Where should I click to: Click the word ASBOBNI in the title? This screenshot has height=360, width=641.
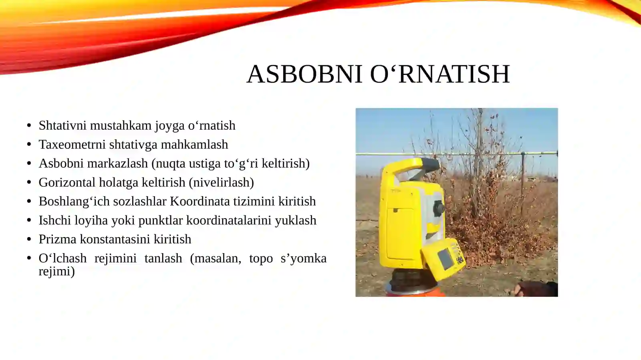(x=304, y=74)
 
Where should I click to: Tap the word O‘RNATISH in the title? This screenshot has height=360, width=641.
(x=439, y=74)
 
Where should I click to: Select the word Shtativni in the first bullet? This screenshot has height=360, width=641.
(x=62, y=125)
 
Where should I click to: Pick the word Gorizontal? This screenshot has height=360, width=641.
(x=67, y=182)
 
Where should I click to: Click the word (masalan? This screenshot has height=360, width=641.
(x=216, y=258)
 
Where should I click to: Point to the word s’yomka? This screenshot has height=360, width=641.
(x=303, y=258)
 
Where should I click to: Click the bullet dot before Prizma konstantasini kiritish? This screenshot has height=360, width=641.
(x=29, y=239)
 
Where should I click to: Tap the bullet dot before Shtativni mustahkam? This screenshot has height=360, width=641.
(x=29, y=125)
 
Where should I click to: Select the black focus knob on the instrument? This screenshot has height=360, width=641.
(x=439, y=207)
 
